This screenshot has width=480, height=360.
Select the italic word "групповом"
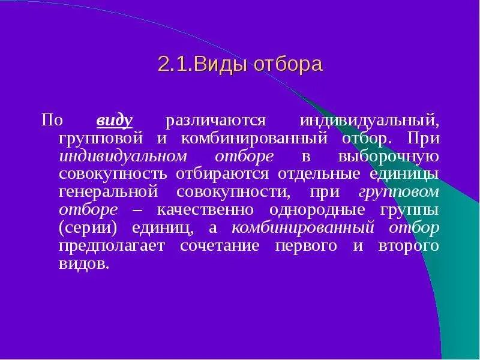point(399,193)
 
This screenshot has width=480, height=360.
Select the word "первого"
point(316,247)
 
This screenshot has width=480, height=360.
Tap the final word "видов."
point(84,265)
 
